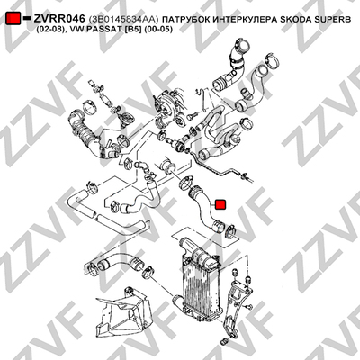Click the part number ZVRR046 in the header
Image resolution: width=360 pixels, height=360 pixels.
click(x=58, y=19)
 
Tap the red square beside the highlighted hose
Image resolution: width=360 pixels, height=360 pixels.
click(x=221, y=204)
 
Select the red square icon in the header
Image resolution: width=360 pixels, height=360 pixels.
click(x=13, y=18)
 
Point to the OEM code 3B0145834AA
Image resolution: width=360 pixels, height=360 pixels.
click(x=123, y=20)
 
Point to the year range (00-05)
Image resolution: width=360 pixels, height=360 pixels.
click(x=158, y=30)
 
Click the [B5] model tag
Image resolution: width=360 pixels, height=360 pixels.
click(x=130, y=30)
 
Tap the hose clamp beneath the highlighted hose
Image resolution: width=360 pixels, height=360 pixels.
click(x=230, y=230)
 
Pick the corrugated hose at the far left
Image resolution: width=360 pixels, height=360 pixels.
click(x=84, y=135)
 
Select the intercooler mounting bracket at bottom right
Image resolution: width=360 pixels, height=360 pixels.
click(x=237, y=303)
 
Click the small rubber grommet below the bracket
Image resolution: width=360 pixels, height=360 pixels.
click(x=224, y=341)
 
